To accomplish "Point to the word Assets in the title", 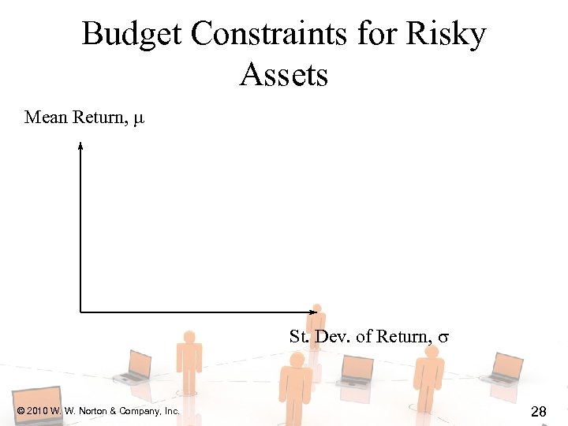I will coord(283,76).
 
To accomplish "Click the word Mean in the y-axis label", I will coord(46,118).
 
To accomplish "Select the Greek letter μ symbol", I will coord(139,119).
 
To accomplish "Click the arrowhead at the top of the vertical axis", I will coord(80,144).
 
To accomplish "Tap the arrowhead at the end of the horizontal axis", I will coord(308,312).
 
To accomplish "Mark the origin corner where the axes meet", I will coord(80,312).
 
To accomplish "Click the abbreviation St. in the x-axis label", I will coord(298,337).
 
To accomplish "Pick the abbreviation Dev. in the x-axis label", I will coord(332,337).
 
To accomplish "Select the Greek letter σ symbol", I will coord(443,338).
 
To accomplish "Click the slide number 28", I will coord(540,411).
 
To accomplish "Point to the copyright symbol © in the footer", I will coord(20,411).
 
